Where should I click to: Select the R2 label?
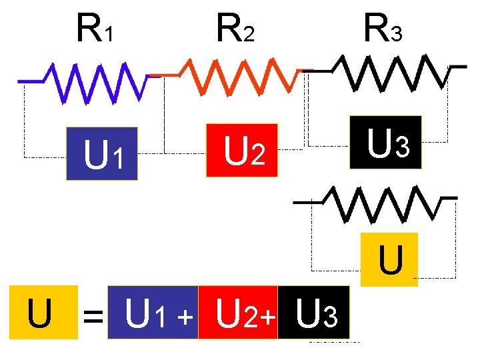click(x=235, y=28)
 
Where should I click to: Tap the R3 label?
click(x=382, y=28)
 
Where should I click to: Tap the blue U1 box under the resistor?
click(x=102, y=154)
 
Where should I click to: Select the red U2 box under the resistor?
click(x=242, y=151)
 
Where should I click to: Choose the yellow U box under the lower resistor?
click(x=390, y=259)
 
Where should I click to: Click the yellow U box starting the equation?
click(x=40, y=313)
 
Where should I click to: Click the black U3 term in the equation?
click(x=313, y=312)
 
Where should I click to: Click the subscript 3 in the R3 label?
click(x=396, y=33)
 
